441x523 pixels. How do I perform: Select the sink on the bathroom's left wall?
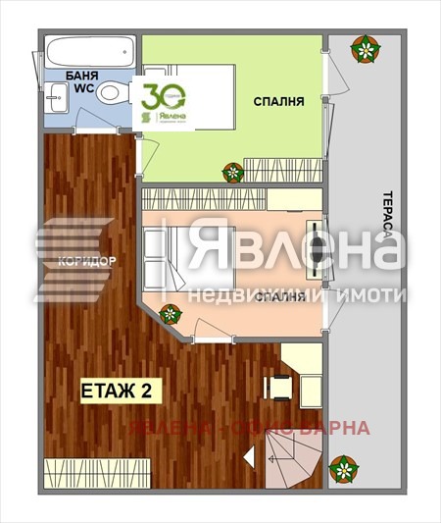(52, 95)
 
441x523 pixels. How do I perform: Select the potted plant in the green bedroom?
(233, 173)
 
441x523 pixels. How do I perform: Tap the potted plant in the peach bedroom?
(171, 315)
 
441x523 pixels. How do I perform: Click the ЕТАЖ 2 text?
(115, 392)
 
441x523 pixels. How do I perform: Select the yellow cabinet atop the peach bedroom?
(293, 200)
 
